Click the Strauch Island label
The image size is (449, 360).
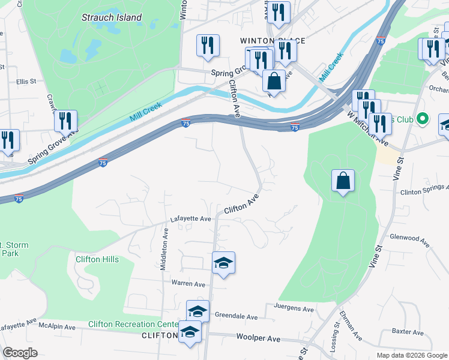112,17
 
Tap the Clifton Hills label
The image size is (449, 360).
97,259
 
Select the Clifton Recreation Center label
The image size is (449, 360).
133,325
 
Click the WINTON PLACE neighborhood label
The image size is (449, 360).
273,41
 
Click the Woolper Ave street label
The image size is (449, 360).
258,338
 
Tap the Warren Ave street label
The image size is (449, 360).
188,283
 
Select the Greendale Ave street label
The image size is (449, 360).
236,317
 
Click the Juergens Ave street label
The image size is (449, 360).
294,310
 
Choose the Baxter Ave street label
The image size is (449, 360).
408,331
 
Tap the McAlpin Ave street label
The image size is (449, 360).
57,328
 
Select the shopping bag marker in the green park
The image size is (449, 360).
343,180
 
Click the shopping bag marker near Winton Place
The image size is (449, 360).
274,80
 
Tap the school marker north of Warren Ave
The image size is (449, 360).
223,263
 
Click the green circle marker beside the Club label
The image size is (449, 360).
422,119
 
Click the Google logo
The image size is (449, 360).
20,353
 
